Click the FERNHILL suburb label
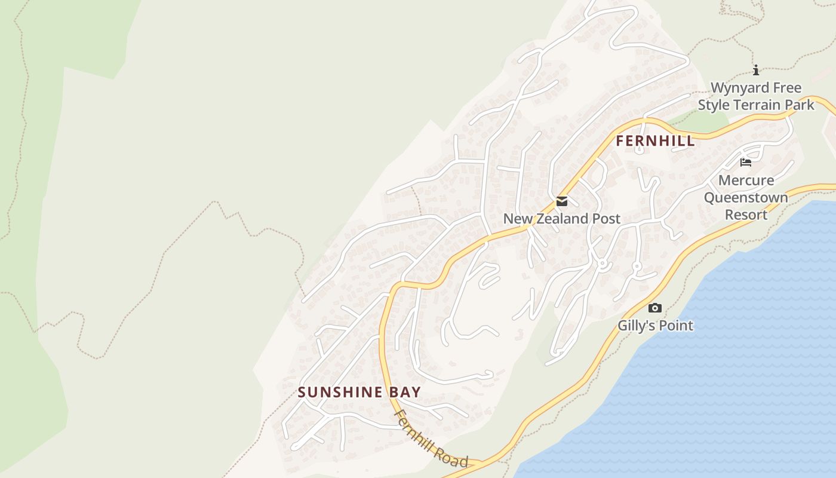point(655,141)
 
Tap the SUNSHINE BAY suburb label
point(359,392)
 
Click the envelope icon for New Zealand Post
point(561,201)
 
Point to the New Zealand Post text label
point(561,219)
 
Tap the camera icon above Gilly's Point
point(655,308)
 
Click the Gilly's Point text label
point(655,326)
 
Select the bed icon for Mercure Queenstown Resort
point(746,162)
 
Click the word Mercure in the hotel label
point(746,180)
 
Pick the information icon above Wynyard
point(756,71)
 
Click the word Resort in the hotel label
point(746,215)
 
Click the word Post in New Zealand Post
point(606,219)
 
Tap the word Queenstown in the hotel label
point(746,197)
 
